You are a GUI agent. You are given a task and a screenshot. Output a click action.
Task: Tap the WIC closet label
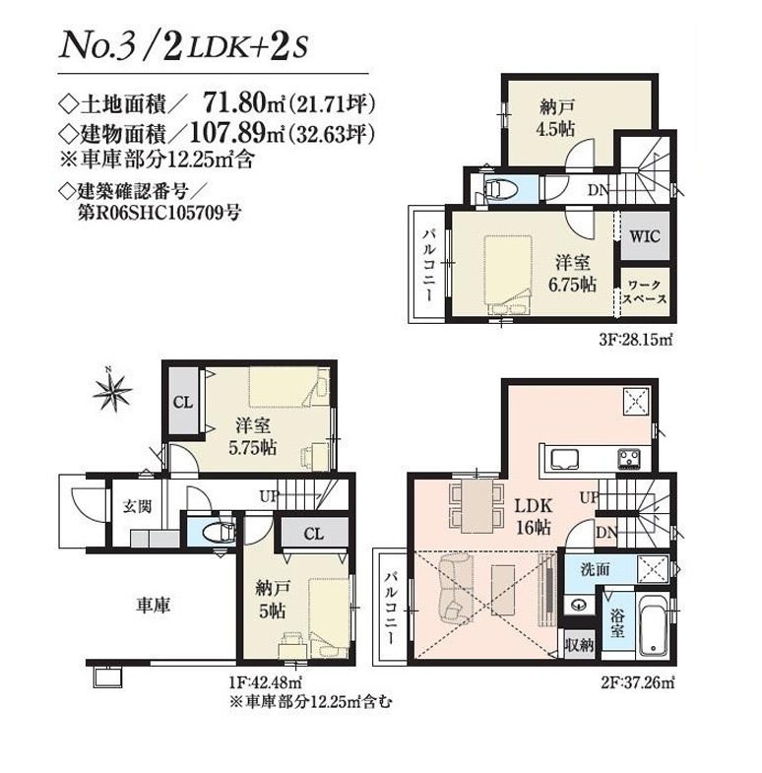click(645, 236)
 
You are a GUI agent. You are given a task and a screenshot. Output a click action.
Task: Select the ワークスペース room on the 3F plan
click(645, 291)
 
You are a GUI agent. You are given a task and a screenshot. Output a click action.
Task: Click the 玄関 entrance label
click(137, 506)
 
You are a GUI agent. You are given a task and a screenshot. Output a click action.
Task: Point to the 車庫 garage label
click(154, 605)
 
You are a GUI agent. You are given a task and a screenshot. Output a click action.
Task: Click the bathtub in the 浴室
click(654, 625)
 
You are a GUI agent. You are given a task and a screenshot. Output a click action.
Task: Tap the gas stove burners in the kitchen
click(628, 459)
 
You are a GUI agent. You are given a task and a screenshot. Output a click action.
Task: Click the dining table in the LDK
click(476, 506)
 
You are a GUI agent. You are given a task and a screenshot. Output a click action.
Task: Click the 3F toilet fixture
click(501, 189)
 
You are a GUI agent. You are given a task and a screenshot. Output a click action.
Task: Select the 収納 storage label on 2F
click(579, 644)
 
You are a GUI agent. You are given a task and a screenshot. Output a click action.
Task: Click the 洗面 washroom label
click(595, 569)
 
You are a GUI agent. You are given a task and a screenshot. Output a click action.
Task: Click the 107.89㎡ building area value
click(237, 133)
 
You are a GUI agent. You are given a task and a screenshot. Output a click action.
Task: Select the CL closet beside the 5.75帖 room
click(183, 403)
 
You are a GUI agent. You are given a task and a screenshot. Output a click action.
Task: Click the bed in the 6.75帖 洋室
click(508, 275)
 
